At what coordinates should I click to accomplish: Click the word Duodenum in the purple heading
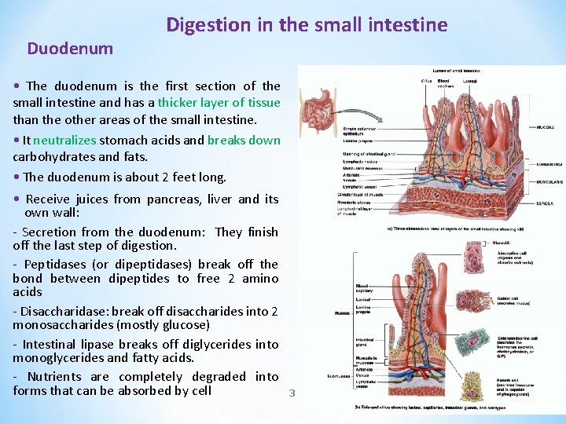tap(70, 49)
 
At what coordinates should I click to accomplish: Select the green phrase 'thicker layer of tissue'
tap(219, 102)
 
